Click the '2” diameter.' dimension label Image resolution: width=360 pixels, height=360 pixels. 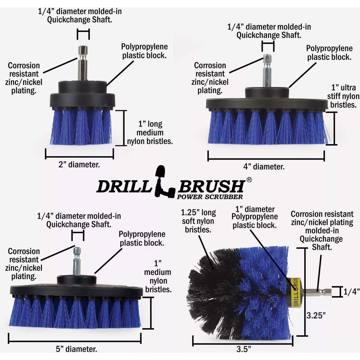(x=79, y=165)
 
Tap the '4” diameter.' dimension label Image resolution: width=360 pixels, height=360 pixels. (x=264, y=167)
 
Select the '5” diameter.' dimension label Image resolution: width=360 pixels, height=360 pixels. (x=76, y=349)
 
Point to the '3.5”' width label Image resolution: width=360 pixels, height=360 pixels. (x=244, y=349)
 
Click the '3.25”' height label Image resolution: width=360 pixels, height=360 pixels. (x=316, y=315)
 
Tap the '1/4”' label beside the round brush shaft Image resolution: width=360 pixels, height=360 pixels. (x=351, y=292)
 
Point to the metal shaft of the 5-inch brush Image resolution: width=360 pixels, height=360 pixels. (x=77, y=261)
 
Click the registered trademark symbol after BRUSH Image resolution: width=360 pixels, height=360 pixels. (x=249, y=180)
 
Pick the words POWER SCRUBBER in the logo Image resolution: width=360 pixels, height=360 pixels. (x=210, y=197)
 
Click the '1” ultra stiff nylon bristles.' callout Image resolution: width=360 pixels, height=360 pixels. (x=343, y=96)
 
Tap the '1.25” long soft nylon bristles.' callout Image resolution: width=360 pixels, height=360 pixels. (x=198, y=221)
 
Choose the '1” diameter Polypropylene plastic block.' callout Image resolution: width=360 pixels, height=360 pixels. (x=255, y=217)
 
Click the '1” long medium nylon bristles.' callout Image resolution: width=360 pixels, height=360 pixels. (x=150, y=133)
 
